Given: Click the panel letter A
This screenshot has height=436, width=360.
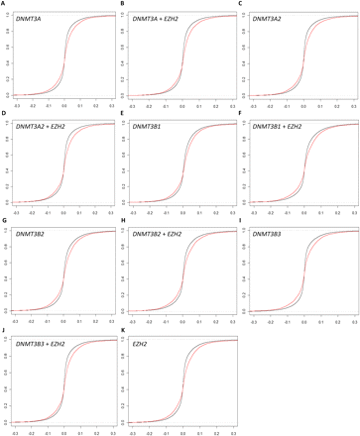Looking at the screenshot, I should (3, 4).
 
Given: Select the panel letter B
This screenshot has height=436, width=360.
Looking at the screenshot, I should (123, 4).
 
